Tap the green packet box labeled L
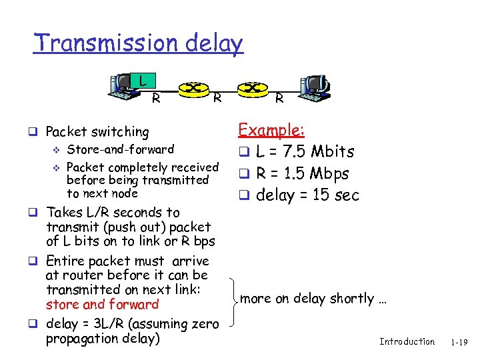click(x=141, y=81)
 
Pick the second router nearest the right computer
click(x=252, y=87)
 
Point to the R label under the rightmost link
click(x=279, y=99)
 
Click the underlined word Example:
click(x=271, y=129)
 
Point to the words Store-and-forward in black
click(x=121, y=149)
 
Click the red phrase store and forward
click(x=102, y=304)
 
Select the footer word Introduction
click(x=407, y=341)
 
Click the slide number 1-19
click(x=459, y=342)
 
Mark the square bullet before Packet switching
click(x=39, y=132)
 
